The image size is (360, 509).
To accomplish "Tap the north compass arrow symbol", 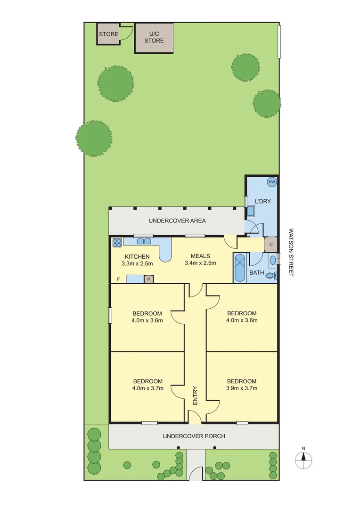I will point(304,456).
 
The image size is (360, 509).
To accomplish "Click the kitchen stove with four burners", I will point(117,243).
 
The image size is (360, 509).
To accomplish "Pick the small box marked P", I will point(148,279).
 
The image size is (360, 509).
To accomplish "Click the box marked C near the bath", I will point(270,245).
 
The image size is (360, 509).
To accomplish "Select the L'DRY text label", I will point(262,202).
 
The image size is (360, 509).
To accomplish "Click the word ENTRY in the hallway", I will point(195,396).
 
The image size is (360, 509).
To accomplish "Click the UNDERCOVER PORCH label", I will point(194,436).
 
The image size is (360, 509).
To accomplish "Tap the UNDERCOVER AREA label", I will point(177,221).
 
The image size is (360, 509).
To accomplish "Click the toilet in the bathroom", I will point(270,275).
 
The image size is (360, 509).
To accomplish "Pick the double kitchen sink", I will point(144,242).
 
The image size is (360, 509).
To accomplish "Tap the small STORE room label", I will point(108,34).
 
